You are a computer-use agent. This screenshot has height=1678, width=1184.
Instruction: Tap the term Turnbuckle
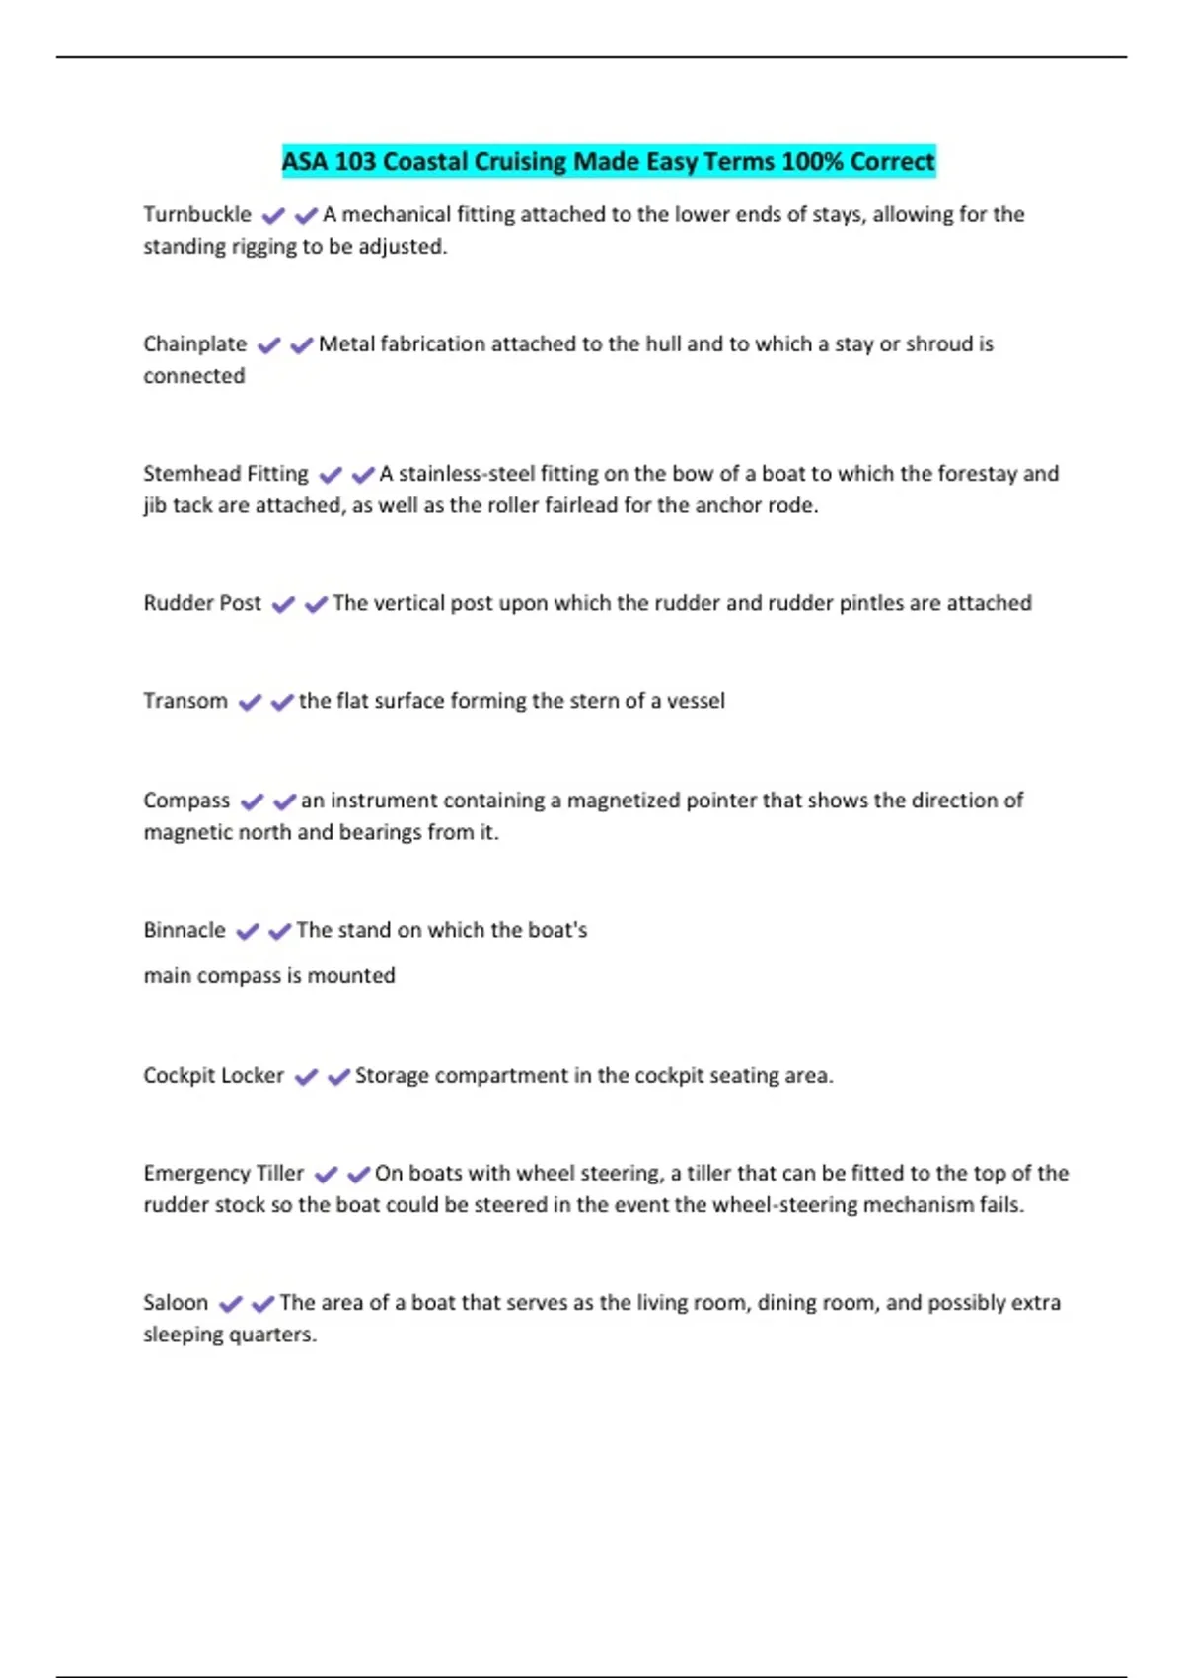[197, 214]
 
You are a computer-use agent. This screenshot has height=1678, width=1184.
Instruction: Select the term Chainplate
[195, 343]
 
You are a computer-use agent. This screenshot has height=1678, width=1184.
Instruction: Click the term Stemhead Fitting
[226, 473]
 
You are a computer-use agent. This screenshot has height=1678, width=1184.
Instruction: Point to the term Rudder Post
[202, 602]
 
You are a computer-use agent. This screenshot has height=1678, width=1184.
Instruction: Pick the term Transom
[185, 700]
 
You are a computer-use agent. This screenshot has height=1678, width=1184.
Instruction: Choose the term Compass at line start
[186, 800]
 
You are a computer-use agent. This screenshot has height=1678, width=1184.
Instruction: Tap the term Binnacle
[185, 929]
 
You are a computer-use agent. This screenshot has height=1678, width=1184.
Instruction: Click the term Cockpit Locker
[213, 1075]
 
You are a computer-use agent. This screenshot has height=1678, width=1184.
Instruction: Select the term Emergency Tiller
[224, 1173]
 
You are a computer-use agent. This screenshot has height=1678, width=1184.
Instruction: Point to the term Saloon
[176, 1302]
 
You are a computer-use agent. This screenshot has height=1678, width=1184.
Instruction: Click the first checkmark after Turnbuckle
[273, 215]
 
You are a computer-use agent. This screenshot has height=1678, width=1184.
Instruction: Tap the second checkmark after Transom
[282, 702]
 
